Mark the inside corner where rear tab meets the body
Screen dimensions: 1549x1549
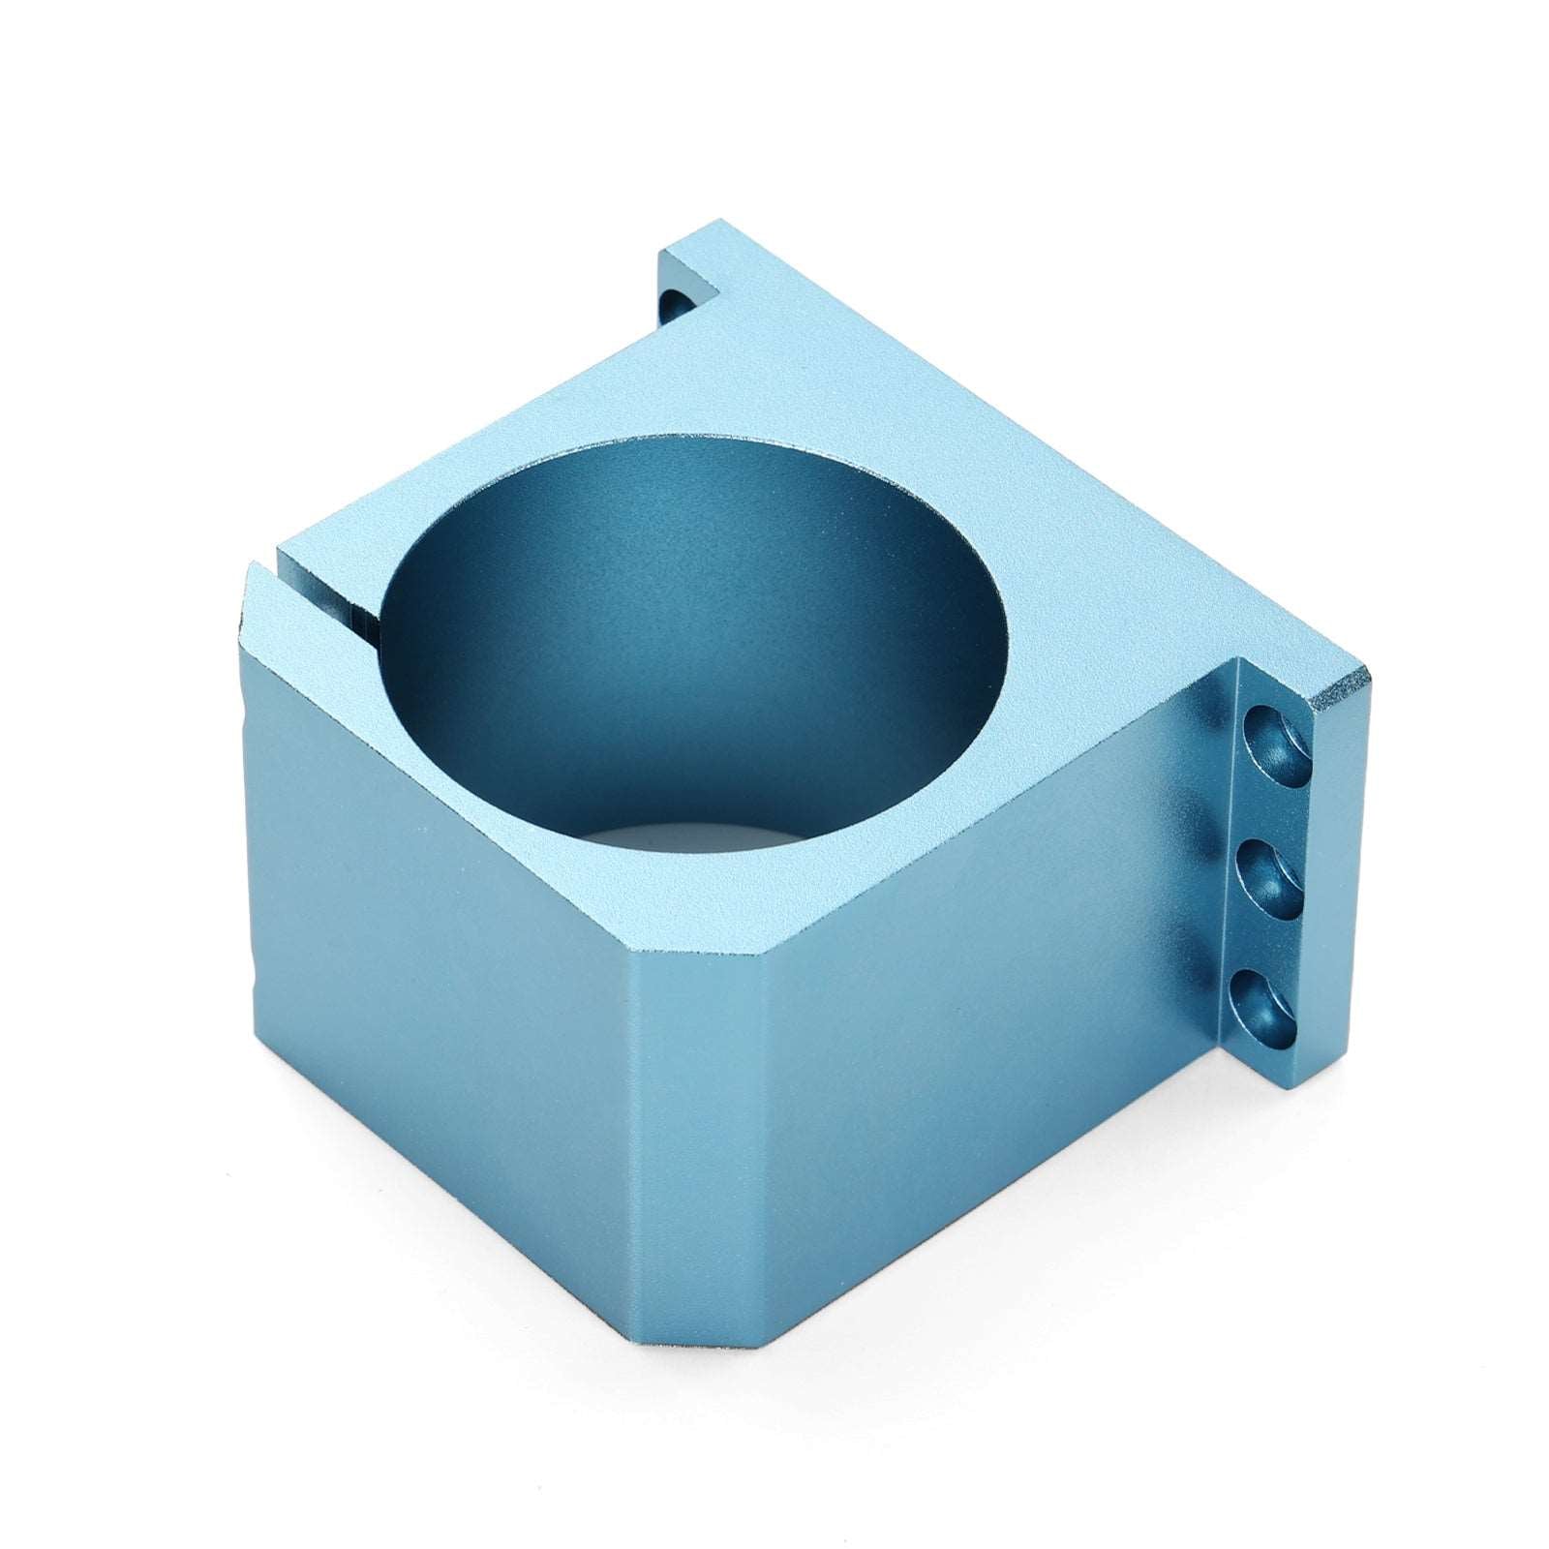[721, 290]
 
